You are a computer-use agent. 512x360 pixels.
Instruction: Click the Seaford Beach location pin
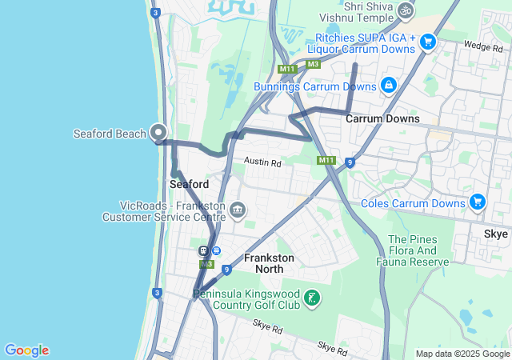point(158,133)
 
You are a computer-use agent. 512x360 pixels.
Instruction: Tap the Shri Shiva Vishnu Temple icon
point(406,10)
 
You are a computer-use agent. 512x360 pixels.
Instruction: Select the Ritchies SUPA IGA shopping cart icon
point(428,42)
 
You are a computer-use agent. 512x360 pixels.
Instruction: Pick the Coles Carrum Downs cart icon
point(478,201)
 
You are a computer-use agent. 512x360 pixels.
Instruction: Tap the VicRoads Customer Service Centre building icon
point(238,210)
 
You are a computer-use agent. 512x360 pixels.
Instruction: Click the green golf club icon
point(313,299)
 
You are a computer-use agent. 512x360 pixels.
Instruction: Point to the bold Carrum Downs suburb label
point(382,118)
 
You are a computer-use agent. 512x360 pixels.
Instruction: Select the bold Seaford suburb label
point(190,184)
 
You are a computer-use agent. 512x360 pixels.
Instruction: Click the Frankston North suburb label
point(269,263)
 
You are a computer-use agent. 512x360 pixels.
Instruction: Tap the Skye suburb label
point(495,234)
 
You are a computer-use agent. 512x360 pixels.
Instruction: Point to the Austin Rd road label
point(263,162)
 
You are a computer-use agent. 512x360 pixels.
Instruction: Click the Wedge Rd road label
point(482,47)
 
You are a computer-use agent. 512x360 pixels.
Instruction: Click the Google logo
point(26,350)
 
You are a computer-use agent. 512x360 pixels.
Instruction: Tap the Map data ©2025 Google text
point(462,354)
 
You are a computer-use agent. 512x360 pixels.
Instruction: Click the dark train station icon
point(204,251)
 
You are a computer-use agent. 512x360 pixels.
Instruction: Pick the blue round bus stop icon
point(216,251)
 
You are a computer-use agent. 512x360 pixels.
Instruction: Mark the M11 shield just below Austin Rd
point(326,161)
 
